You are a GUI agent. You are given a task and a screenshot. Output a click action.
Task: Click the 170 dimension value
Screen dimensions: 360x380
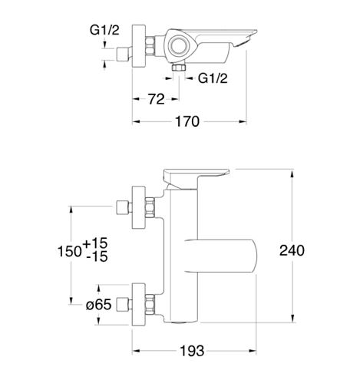point(187,121)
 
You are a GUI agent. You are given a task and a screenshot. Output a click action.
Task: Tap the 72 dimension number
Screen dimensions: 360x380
point(156,99)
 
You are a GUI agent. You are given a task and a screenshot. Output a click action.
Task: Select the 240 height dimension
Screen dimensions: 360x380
point(292,250)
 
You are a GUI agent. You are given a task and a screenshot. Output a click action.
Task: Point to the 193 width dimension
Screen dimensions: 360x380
point(192,351)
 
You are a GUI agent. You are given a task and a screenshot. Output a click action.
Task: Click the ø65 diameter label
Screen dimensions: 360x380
point(99,305)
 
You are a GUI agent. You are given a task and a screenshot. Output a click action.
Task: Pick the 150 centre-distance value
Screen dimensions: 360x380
point(70,251)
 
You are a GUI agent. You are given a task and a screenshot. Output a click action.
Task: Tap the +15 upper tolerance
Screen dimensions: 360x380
point(95,243)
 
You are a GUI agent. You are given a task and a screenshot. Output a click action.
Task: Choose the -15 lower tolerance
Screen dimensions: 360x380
point(97,256)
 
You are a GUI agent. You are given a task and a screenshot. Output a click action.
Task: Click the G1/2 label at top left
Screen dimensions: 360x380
point(104,30)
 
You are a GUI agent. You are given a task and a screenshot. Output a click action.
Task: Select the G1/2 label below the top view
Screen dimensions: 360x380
point(213,78)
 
